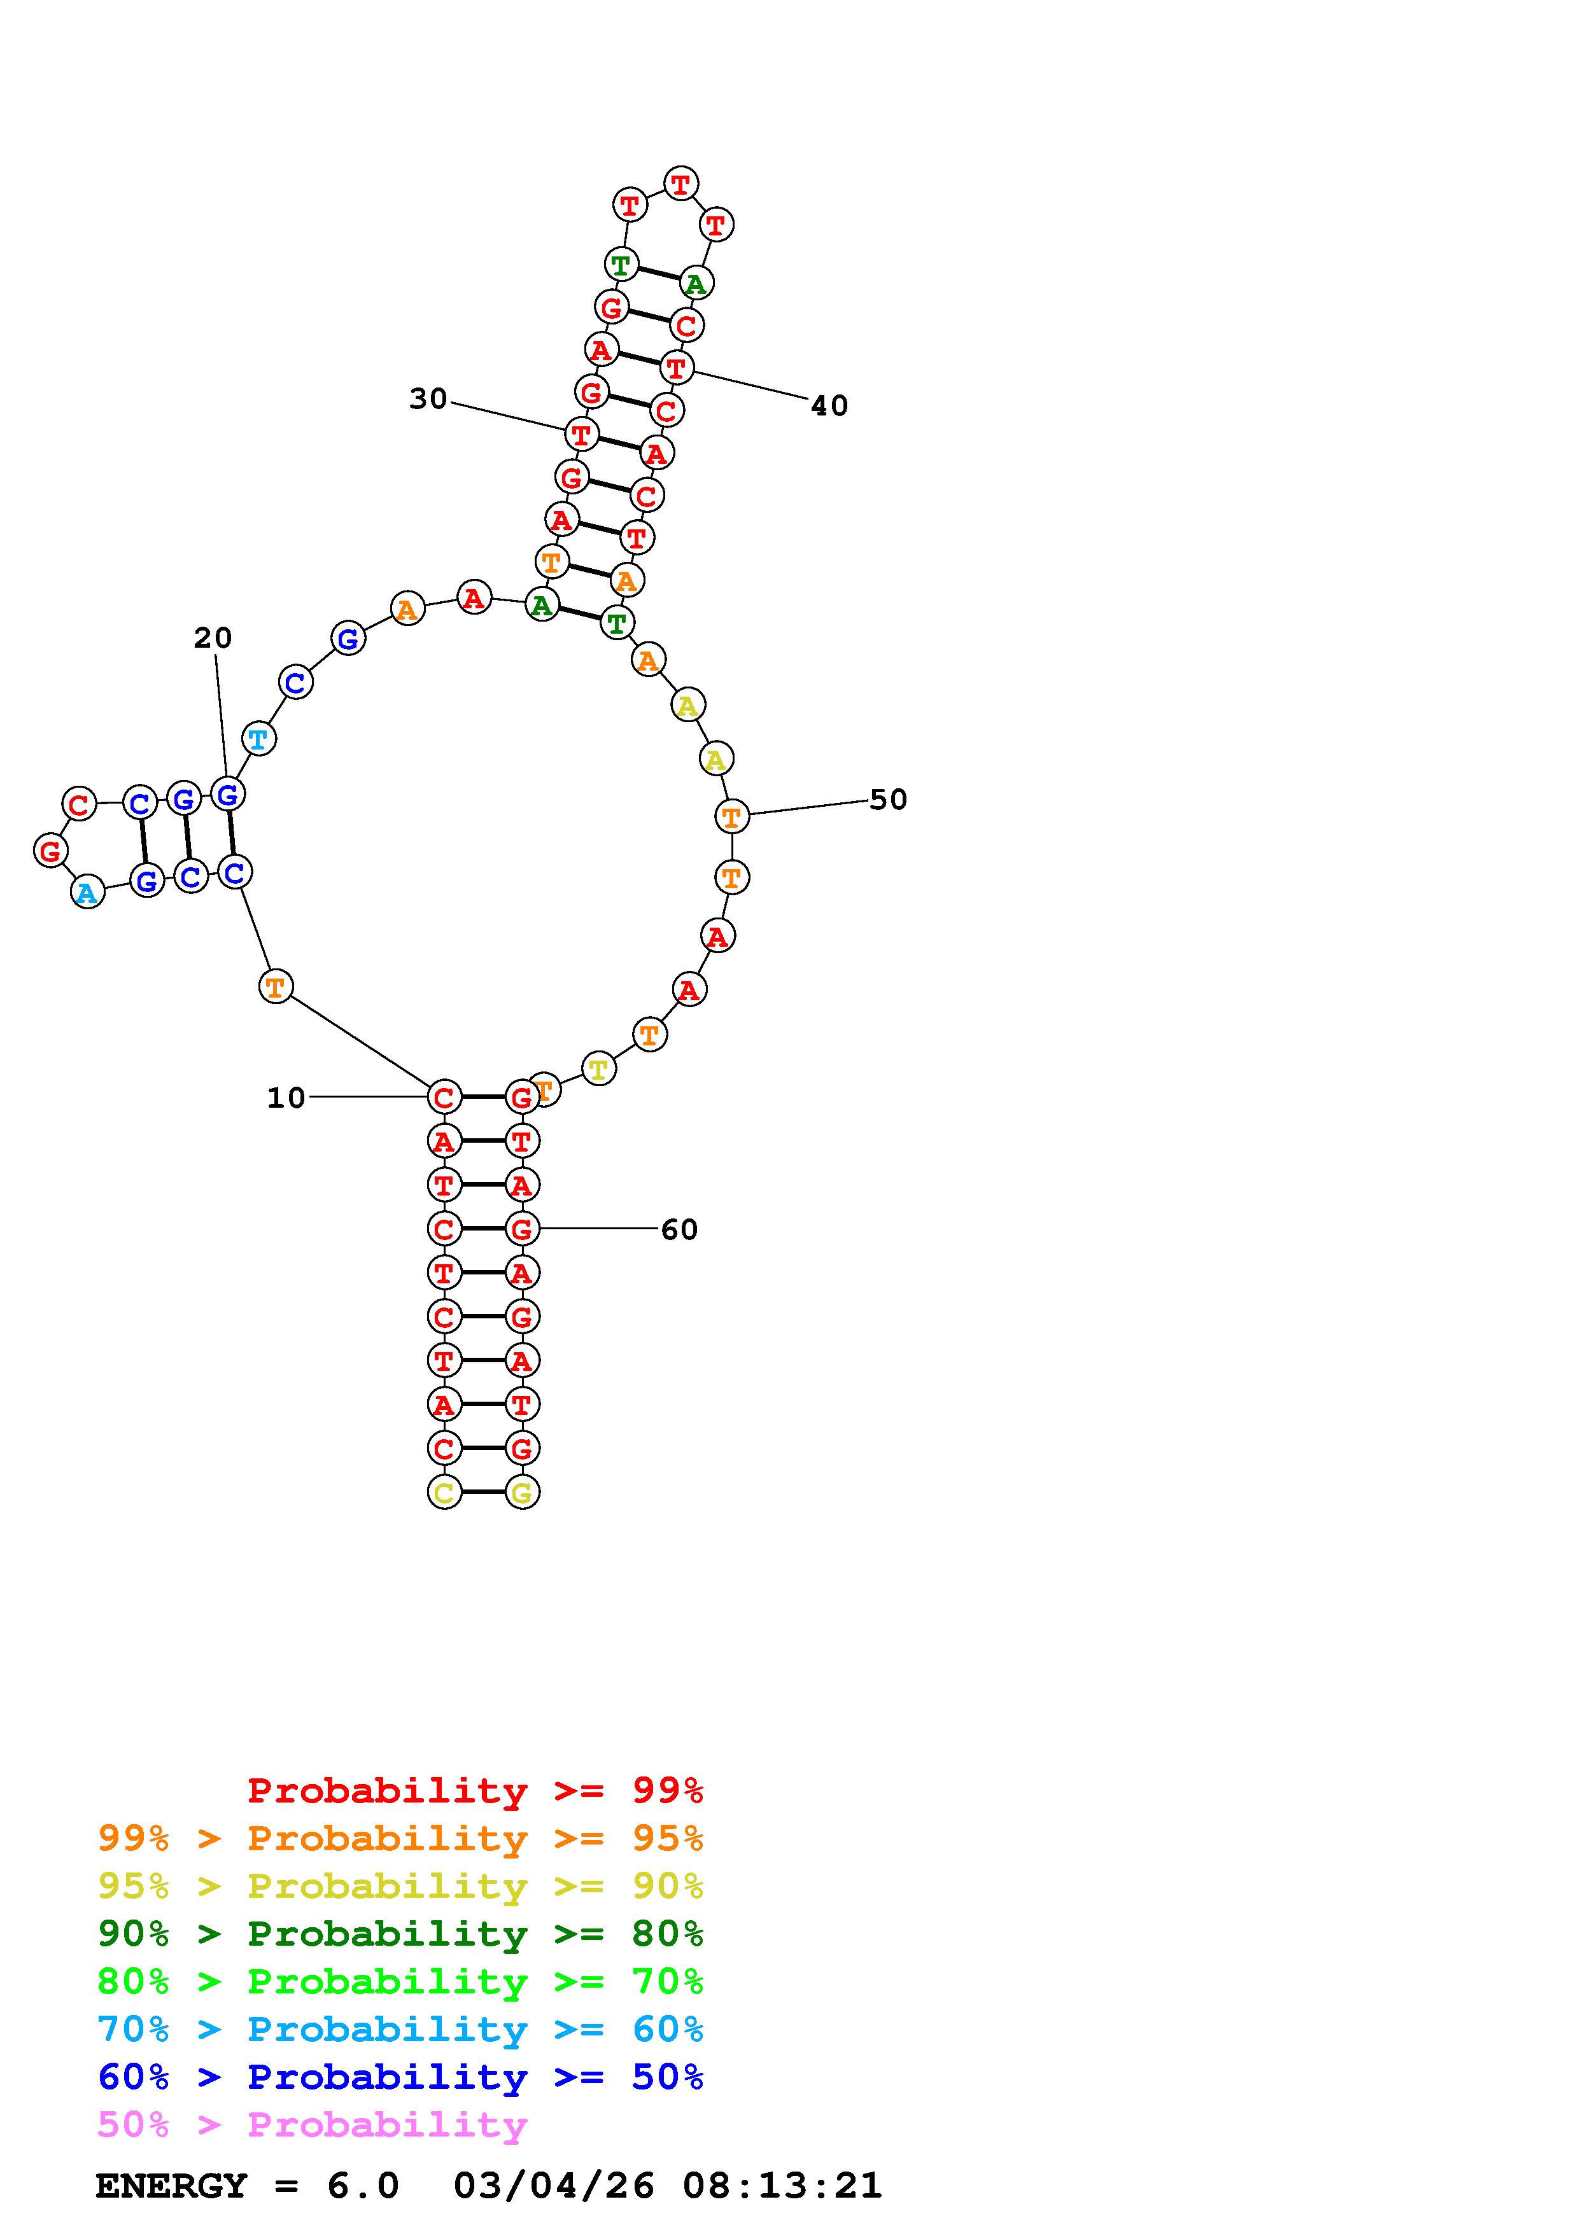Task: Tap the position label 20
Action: pyautogui.click(x=213, y=638)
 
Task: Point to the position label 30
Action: pyautogui.click(x=428, y=398)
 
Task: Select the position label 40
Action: pyautogui.click(x=829, y=405)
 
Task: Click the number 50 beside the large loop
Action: pyautogui.click(x=888, y=799)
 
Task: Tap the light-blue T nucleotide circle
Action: pyautogui.click(x=258, y=739)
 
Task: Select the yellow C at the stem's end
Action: pyautogui.click(x=444, y=1491)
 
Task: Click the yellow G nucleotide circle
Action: pyautogui.click(x=522, y=1491)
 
